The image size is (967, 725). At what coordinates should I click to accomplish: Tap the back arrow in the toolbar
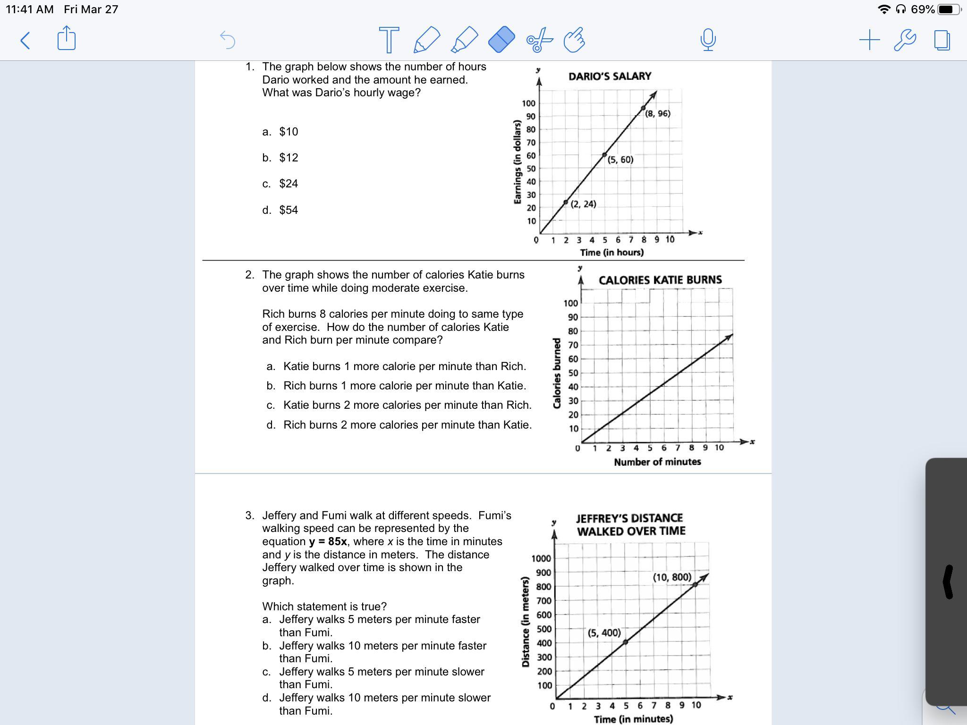pyautogui.click(x=25, y=40)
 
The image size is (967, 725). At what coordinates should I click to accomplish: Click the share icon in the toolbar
pyautogui.click(x=66, y=39)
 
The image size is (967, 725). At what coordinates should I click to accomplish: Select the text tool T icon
pyautogui.click(x=389, y=40)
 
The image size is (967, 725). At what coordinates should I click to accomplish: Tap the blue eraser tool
pyautogui.click(x=501, y=39)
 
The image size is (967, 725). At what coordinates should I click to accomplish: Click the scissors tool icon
pyautogui.click(x=539, y=40)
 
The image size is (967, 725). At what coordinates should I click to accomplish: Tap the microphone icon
pyautogui.click(x=708, y=40)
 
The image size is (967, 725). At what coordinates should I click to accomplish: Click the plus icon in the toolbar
pyautogui.click(x=869, y=40)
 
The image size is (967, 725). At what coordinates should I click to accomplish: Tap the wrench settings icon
pyautogui.click(x=905, y=40)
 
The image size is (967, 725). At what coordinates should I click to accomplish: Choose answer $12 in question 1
pyautogui.click(x=288, y=158)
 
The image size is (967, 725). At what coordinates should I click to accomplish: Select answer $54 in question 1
pyautogui.click(x=288, y=210)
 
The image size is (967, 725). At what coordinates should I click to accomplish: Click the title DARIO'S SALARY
pyautogui.click(x=610, y=76)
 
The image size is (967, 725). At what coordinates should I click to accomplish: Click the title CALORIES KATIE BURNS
pyautogui.click(x=660, y=280)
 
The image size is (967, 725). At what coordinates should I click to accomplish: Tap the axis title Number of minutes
pyautogui.click(x=657, y=462)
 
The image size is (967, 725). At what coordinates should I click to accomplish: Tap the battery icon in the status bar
pyautogui.click(x=948, y=9)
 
